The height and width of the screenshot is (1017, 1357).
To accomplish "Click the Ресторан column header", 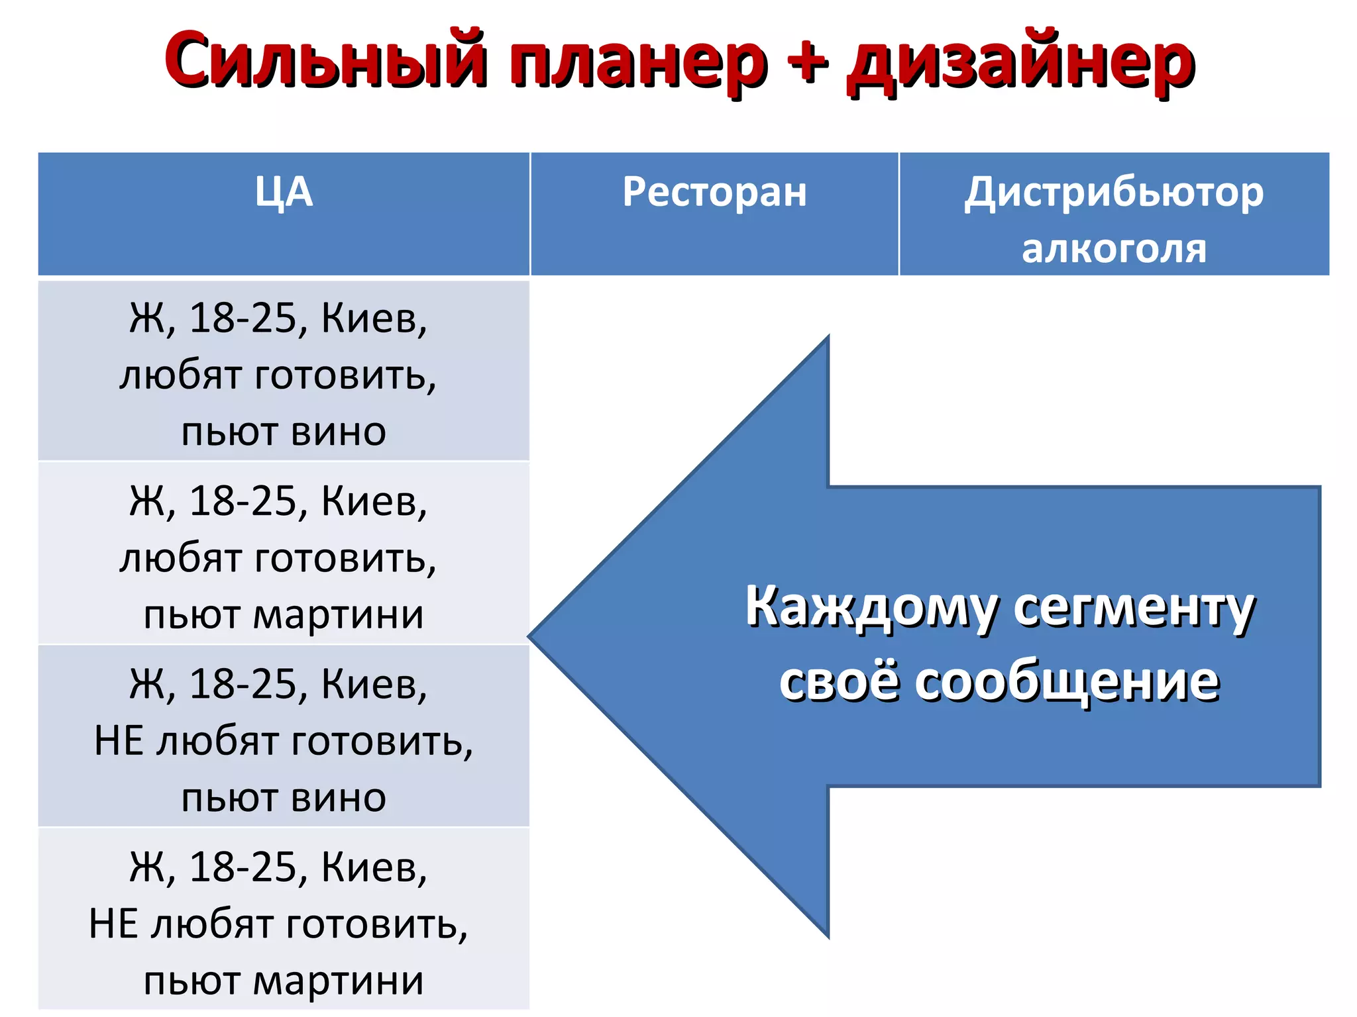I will tap(714, 192).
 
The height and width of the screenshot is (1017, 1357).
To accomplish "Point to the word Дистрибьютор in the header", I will tap(1114, 193).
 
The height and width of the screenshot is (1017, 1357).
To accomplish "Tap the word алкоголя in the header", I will tap(1114, 249).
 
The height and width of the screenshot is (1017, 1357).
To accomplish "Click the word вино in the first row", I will tap(338, 432).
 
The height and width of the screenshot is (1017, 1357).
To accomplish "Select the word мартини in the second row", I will tap(338, 614).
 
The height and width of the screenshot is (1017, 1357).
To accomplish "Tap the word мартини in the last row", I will tap(338, 981).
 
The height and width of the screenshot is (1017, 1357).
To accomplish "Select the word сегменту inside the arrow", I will tap(1134, 608).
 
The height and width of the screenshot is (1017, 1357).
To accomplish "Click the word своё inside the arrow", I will tap(840, 682).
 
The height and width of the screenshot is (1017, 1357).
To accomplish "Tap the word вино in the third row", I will tap(338, 798).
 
